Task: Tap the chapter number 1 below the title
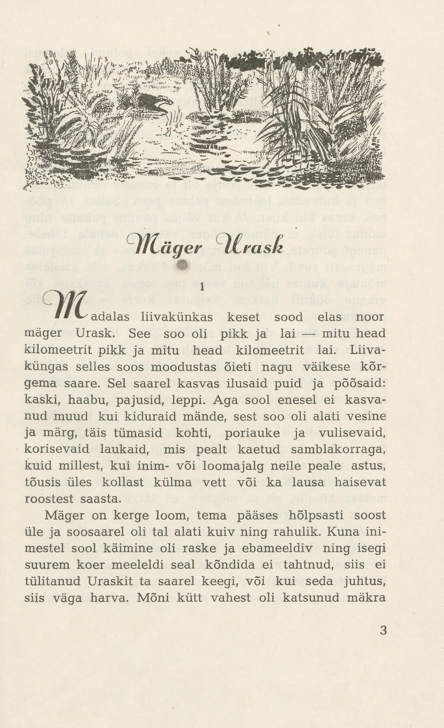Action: (202, 287)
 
